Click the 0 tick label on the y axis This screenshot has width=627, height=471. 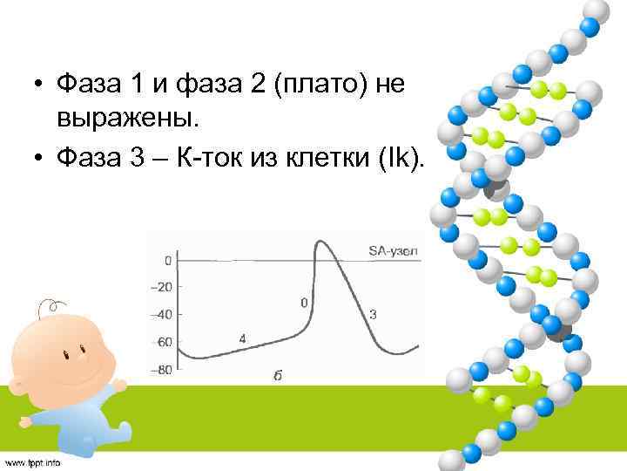[x=167, y=260]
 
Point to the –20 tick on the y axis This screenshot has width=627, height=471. [x=162, y=287]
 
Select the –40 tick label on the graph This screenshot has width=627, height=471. [x=162, y=314]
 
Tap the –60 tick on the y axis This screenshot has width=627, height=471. [x=162, y=342]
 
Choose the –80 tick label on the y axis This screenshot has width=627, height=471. [x=162, y=369]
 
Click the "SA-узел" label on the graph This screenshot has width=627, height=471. [x=392, y=251]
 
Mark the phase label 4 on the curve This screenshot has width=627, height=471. [x=242, y=338]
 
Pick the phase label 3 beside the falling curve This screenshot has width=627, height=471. [x=373, y=314]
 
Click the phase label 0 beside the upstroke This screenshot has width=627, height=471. [x=304, y=302]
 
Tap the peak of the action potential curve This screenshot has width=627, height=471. [x=320, y=242]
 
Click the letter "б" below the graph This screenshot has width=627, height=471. [x=278, y=376]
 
